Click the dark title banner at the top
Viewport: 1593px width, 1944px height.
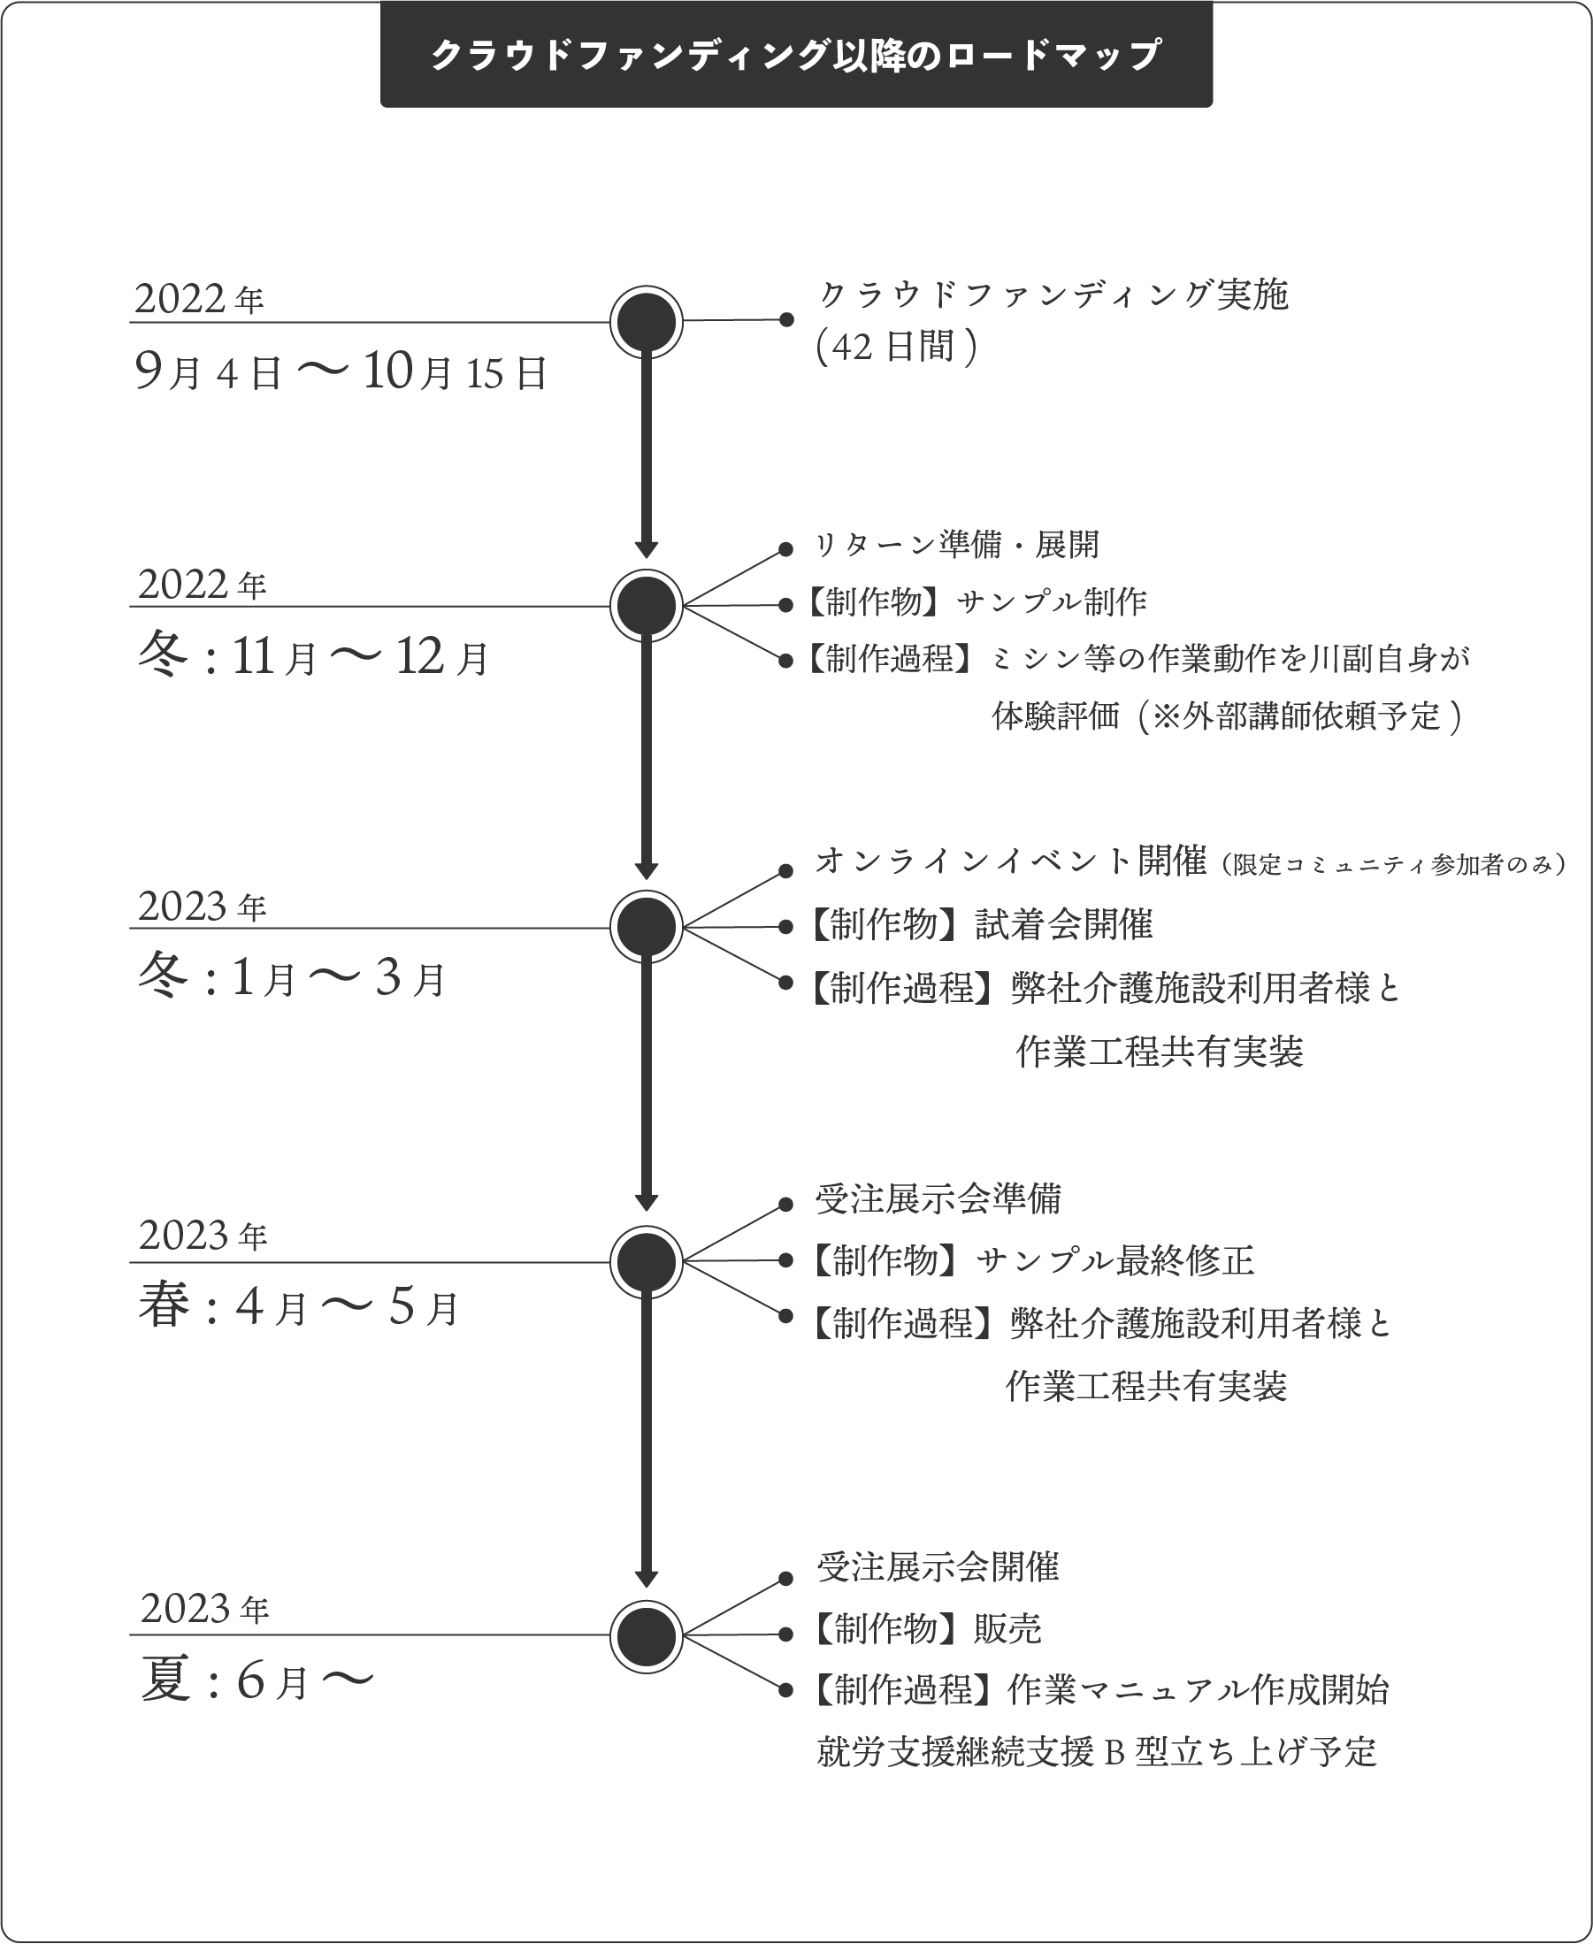tap(795, 54)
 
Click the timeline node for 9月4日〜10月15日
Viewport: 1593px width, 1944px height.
tap(646, 322)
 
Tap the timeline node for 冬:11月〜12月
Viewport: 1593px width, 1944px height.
tap(646, 606)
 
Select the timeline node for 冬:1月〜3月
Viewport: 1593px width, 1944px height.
tap(646, 927)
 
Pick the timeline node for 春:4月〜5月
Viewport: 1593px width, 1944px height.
tap(646, 1261)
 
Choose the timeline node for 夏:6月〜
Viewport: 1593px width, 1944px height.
tap(646, 1635)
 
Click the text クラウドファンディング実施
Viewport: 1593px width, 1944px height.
tap(1053, 295)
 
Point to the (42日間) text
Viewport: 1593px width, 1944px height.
tap(897, 348)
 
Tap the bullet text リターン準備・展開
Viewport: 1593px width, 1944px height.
tap(957, 545)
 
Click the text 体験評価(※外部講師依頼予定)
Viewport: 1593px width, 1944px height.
tap(1227, 716)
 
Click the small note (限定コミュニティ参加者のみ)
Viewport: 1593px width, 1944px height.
tap(1394, 864)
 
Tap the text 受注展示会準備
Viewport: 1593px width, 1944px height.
tap(938, 1199)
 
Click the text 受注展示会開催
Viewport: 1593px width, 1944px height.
tap(938, 1567)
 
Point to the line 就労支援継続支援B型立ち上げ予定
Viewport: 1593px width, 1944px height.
tap(1097, 1752)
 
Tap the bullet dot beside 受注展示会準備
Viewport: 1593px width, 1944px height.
tap(785, 1205)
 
